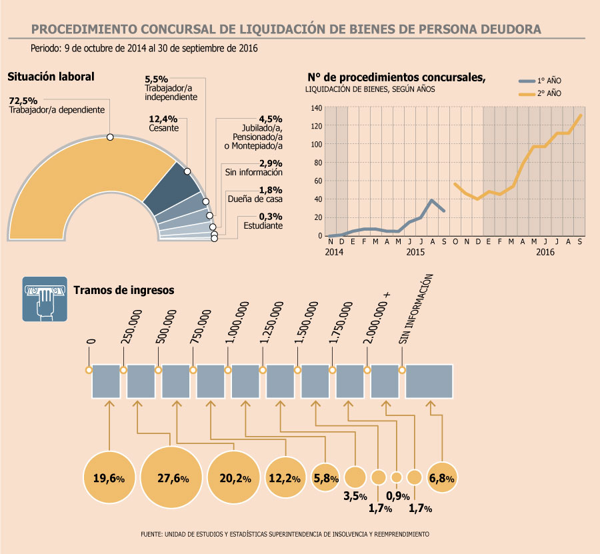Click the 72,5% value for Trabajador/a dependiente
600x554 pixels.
click(x=23, y=101)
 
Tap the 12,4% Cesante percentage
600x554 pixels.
click(x=163, y=119)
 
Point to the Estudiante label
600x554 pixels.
click(x=263, y=226)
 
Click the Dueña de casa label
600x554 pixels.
click(x=255, y=199)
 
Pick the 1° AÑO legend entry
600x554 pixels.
click(x=540, y=81)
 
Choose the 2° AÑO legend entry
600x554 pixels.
click(x=540, y=93)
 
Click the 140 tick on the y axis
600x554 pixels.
click(x=317, y=108)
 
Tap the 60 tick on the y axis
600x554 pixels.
click(x=318, y=181)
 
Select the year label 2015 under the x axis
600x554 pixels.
click(x=415, y=252)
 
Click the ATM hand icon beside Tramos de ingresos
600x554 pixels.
click(x=45, y=299)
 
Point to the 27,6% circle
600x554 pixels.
click(x=171, y=477)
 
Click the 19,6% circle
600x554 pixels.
click(x=109, y=477)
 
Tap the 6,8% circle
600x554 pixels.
click(x=442, y=477)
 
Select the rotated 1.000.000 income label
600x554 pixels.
click(x=237, y=322)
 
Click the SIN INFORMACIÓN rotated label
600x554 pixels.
click(x=415, y=309)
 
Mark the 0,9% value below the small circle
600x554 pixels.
click(x=398, y=496)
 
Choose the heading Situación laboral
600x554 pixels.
click(x=51, y=77)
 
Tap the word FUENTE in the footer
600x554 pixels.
click(x=151, y=534)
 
